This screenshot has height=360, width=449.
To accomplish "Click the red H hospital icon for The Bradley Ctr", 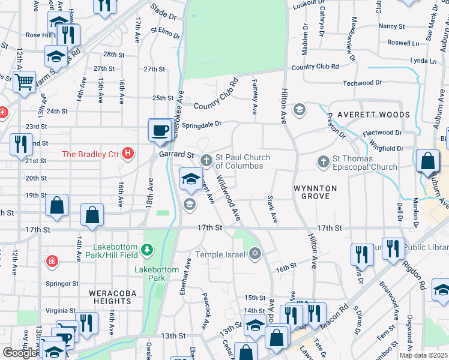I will pyautogui.click(x=127, y=154).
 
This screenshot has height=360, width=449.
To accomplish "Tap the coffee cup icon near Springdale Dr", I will pyautogui.click(x=160, y=131).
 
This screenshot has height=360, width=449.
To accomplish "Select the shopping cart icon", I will pyautogui.click(x=25, y=82).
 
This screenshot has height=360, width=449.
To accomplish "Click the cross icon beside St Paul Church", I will pyautogui.click(x=206, y=160).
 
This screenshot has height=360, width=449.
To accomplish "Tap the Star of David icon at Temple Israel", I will pyautogui.click(x=256, y=253).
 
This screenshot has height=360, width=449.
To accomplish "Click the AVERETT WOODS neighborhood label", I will pyautogui.click(x=373, y=115).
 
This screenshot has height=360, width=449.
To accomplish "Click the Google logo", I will pyautogui.click(x=20, y=353).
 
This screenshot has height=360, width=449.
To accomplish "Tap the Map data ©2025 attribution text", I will pyautogui.click(x=423, y=355).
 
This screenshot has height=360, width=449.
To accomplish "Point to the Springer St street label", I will pyautogui.click(x=62, y=284).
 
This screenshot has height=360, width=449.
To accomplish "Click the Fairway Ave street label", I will pyautogui.click(x=255, y=97).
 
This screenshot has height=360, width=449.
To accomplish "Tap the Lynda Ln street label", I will pyautogui.click(x=423, y=61).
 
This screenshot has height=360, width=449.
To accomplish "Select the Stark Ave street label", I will pyautogui.click(x=272, y=209).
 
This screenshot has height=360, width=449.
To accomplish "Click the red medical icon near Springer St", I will pyautogui.click(x=52, y=261).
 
